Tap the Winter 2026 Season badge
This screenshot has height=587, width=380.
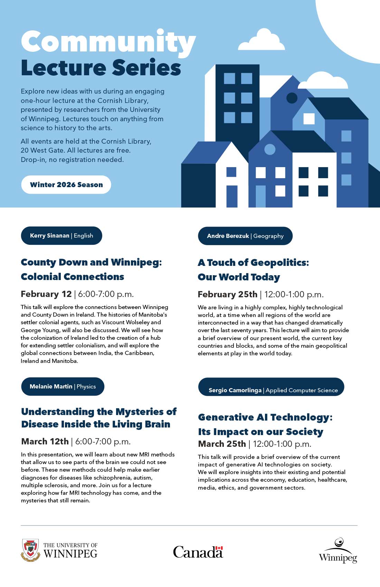pyautogui.click(x=66, y=185)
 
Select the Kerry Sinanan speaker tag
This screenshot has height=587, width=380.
pyautogui.click(x=61, y=235)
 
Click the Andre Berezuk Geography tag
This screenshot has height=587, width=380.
pyautogui.click(x=245, y=236)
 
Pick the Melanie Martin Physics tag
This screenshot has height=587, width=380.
pyautogui.click(x=63, y=386)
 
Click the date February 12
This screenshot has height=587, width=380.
pyautogui.click(x=46, y=294)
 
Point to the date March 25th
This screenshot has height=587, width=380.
pyautogui.click(x=222, y=444)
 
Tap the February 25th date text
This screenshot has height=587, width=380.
pyautogui.click(x=227, y=294)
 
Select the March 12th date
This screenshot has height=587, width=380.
pyautogui.click(x=45, y=441)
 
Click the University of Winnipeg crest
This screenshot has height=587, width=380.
pyautogui.click(x=31, y=550)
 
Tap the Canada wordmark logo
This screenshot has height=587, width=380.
pyautogui.click(x=198, y=551)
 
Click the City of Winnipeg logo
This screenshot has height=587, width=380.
pyautogui.click(x=338, y=551)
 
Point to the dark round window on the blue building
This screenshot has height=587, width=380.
pyautogui.click(x=292, y=98)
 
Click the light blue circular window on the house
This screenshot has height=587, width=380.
pyautogui.click(x=270, y=150)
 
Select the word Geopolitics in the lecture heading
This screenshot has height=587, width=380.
pyautogui.click(x=279, y=262)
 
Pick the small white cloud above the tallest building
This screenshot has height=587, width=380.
pyautogui.click(x=262, y=40)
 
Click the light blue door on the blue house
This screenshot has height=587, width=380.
pyautogui.click(x=260, y=196)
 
